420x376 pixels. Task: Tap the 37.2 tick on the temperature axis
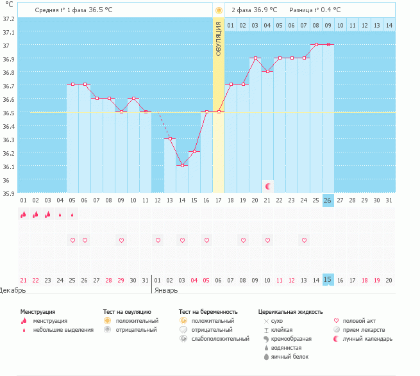[x=8, y=19]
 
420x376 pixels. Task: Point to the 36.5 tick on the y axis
[x=8, y=113]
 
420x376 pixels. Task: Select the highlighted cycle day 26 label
[x=328, y=200]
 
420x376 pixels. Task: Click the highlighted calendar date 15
[x=328, y=279]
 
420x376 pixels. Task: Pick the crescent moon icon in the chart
[x=268, y=186]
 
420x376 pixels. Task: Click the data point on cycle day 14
[x=182, y=165]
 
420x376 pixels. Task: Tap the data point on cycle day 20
[x=255, y=58]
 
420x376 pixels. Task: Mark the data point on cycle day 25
[x=316, y=45]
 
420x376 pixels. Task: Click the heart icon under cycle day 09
[x=121, y=240]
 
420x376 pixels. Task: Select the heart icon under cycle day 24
[x=304, y=240]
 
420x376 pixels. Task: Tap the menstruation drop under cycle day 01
[x=23, y=215]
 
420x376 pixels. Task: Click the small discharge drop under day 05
[x=72, y=215]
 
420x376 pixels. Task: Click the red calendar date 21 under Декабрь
[x=24, y=280]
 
